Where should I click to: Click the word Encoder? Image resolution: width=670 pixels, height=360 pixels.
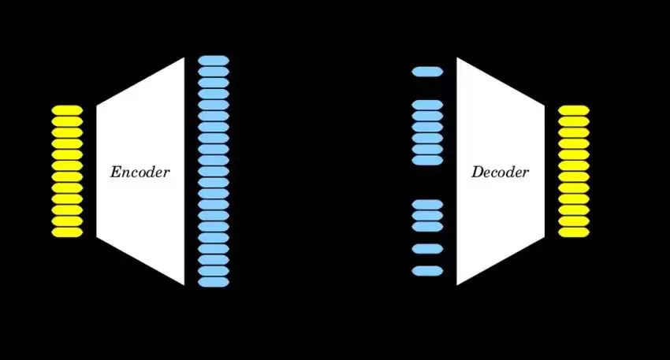[140, 173]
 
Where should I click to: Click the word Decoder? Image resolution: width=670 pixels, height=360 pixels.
[500, 173]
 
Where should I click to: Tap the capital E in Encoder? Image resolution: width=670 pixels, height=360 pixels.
[115, 173]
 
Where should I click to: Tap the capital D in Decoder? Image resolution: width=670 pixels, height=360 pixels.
[477, 173]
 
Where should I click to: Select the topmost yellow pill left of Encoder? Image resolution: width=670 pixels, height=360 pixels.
[67, 110]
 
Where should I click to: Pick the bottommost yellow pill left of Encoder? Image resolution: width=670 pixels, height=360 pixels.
[67, 232]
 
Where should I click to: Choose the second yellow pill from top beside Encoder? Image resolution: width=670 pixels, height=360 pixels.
[67, 121]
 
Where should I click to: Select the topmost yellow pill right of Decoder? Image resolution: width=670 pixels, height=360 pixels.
[574, 110]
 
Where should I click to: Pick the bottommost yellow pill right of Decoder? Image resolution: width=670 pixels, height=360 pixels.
[574, 232]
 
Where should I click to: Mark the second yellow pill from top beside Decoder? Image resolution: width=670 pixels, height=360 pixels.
[574, 121]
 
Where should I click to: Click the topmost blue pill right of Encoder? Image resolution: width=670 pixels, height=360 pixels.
[214, 60]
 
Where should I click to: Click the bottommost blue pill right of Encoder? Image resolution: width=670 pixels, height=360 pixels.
[214, 281]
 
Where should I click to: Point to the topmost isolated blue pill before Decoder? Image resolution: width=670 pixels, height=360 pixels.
[427, 72]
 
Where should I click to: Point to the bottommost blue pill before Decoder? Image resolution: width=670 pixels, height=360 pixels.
[427, 271]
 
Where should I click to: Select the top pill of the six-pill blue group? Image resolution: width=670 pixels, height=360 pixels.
[427, 105]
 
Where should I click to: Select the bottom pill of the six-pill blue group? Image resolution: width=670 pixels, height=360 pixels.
[427, 160]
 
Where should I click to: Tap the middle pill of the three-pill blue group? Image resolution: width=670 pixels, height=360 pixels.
[427, 216]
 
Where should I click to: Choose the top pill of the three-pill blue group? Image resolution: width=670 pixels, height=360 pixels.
[427, 205]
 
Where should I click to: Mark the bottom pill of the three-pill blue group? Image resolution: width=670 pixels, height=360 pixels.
[427, 227]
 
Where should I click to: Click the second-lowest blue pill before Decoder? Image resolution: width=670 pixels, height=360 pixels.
[427, 249]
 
